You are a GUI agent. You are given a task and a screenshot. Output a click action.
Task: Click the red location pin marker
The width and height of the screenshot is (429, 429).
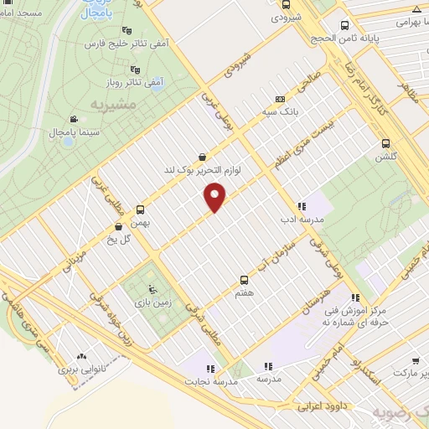tap(215, 197)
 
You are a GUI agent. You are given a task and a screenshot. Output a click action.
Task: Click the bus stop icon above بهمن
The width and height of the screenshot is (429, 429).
tap(140, 210)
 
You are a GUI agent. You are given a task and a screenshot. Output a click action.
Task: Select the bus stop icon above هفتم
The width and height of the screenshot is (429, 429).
tap(245, 279)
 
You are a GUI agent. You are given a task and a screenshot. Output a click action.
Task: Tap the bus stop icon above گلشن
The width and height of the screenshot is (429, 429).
tap(385, 143)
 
